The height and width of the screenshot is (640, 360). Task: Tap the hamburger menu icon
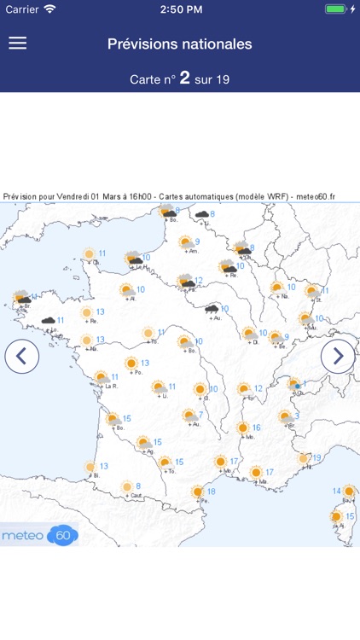18,44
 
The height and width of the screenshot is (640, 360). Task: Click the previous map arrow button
22,356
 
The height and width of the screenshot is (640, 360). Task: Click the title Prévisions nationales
180,44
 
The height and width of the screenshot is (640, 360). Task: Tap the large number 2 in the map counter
183,78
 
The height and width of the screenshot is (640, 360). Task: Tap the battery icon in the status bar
337,9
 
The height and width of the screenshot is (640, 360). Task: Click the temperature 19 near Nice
316,458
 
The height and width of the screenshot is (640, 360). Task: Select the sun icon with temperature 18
198,492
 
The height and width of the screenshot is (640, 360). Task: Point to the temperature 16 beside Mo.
256,428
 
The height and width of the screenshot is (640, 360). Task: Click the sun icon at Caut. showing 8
129,486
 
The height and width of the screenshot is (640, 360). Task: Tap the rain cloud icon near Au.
211,309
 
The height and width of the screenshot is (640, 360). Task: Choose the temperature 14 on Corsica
336,492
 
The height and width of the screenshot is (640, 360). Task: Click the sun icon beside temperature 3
286,416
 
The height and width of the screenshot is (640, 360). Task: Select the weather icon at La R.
101,376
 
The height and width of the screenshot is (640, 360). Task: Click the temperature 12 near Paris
199,280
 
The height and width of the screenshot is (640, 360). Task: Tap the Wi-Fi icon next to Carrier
49,9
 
